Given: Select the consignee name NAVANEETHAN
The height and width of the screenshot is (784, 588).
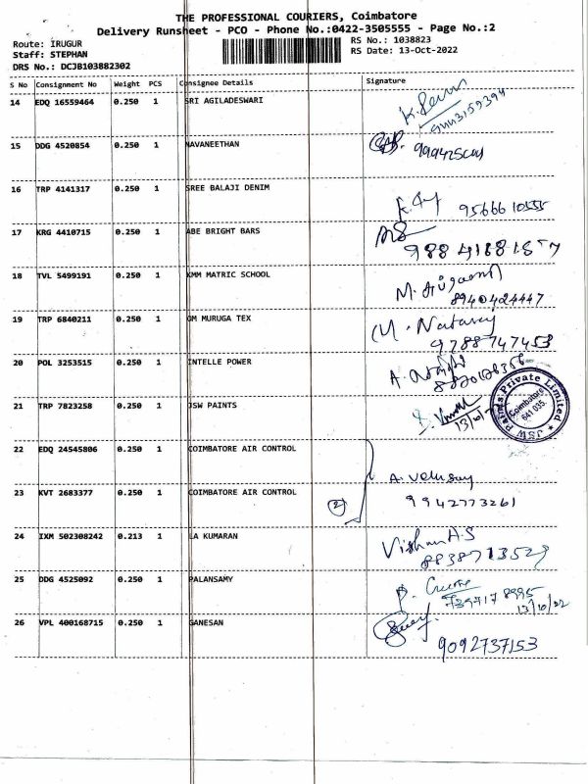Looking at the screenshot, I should click(x=212, y=144).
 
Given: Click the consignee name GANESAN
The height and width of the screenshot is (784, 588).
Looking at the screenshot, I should click(x=206, y=622).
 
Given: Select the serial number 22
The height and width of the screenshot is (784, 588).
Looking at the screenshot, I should click(x=17, y=449).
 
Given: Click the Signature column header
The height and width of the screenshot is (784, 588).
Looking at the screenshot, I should click(x=384, y=79).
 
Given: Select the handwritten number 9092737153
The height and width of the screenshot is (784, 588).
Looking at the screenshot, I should click(x=490, y=644).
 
